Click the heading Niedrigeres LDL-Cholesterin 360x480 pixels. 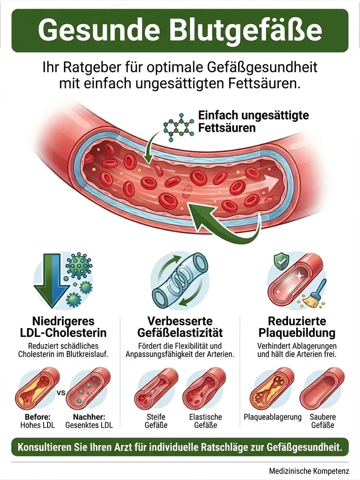[x=63, y=326]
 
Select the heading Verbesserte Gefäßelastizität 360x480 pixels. [x=180, y=326]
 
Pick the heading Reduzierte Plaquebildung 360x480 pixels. [x=297, y=326]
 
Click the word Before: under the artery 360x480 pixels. [x=37, y=417]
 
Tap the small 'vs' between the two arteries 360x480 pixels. [x=61, y=393]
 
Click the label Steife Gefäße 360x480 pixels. [x=156, y=421]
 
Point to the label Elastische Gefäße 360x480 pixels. [x=205, y=421]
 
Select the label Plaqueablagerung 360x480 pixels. [x=273, y=417]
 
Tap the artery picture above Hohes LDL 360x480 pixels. [x=37, y=389]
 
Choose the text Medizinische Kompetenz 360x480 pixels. [x=309, y=471]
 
